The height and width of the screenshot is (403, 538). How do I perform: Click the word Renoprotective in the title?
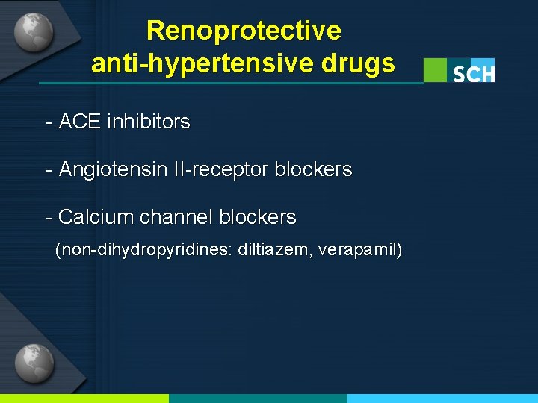pyautogui.click(x=244, y=31)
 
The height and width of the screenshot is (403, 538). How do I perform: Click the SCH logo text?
pyautogui.click(x=473, y=72)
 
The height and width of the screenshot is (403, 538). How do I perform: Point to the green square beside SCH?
pyautogui.click(x=435, y=70)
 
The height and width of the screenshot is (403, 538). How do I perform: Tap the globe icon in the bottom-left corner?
pyautogui.click(x=34, y=363)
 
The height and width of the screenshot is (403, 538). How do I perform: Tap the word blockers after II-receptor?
pyautogui.click(x=313, y=170)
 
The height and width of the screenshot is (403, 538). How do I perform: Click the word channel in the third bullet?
pyautogui.click(x=175, y=218)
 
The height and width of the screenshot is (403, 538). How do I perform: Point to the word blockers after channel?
pyautogui.click(x=258, y=218)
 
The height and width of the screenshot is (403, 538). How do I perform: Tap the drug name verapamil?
pyautogui.click(x=359, y=250)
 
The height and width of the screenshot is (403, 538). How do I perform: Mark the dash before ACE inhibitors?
pyautogui.click(x=49, y=122)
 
